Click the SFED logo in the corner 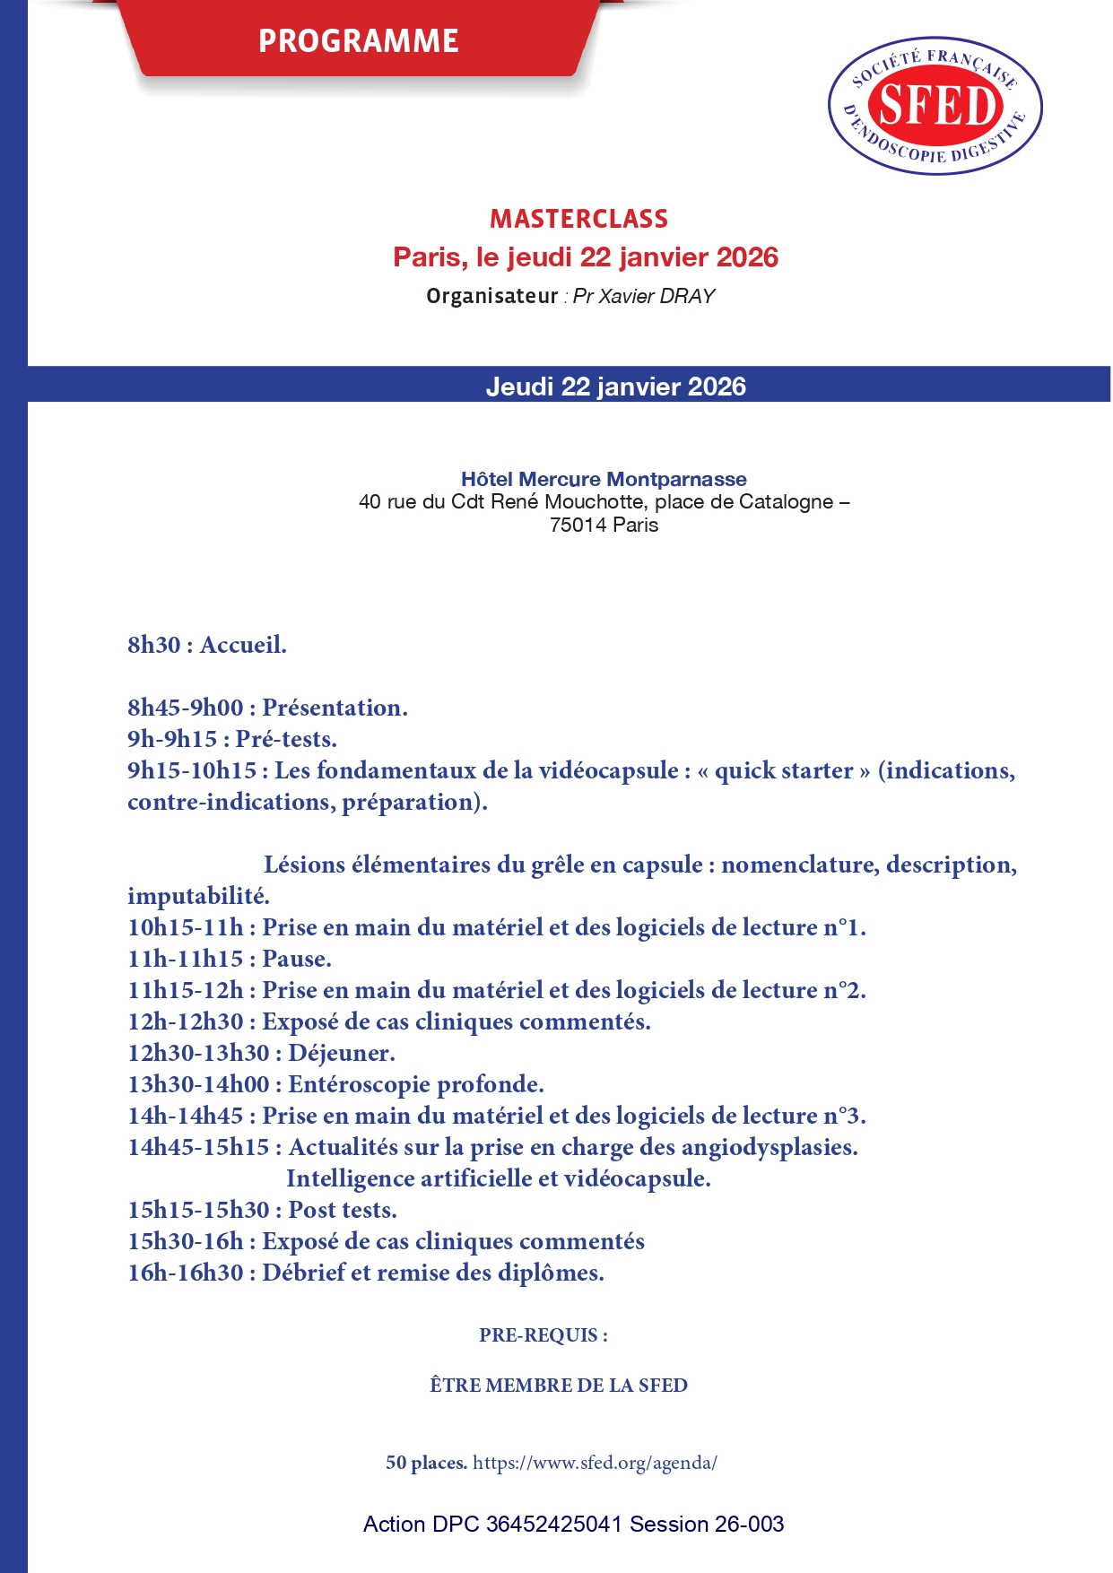(935, 106)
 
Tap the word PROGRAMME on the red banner (359, 41)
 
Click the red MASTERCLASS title (578, 219)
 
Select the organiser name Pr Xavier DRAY (643, 297)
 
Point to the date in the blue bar (615, 387)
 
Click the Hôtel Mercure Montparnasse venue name (604, 479)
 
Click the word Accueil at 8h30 (243, 645)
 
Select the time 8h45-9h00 (185, 708)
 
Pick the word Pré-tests (286, 739)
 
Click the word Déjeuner (341, 1053)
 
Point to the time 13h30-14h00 (198, 1084)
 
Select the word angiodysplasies (769, 1147)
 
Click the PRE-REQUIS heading (543, 1335)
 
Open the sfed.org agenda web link (595, 1463)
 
